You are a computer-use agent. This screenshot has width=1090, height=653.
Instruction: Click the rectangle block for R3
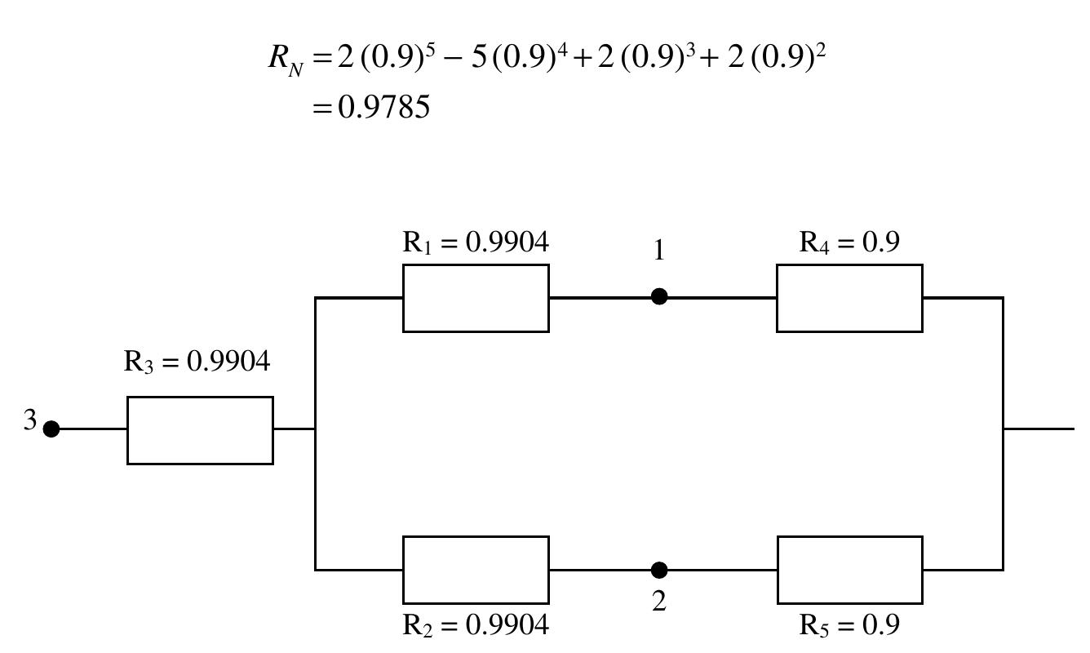pos(200,430)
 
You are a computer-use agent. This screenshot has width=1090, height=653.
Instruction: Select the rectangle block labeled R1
pos(476,298)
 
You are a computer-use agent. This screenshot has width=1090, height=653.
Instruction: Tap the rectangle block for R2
pos(476,570)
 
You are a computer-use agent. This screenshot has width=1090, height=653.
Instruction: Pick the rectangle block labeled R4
pos(849,298)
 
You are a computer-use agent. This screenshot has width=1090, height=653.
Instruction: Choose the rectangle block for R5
pos(849,570)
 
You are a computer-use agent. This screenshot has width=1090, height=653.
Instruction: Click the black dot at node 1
pos(659,297)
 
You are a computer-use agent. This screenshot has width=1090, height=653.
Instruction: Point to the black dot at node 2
pos(659,570)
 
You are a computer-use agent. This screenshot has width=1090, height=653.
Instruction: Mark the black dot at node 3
pos(51,429)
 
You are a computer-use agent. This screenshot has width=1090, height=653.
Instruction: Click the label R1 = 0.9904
pos(476,242)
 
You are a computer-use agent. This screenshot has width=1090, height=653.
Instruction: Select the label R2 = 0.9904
pos(476,625)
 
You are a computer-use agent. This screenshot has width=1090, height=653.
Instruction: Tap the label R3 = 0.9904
pos(197,362)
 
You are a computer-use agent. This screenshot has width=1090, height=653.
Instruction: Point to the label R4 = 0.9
pos(849,242)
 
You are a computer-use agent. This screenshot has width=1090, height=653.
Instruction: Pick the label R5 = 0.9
pos(849,625)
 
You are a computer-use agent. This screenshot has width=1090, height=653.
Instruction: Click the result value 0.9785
pos(383,107)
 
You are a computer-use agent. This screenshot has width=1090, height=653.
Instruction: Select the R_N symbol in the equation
pos(286,60)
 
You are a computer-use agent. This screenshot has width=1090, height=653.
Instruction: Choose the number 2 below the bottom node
pos(659,602)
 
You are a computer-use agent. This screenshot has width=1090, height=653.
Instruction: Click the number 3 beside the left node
pos(30,420)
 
